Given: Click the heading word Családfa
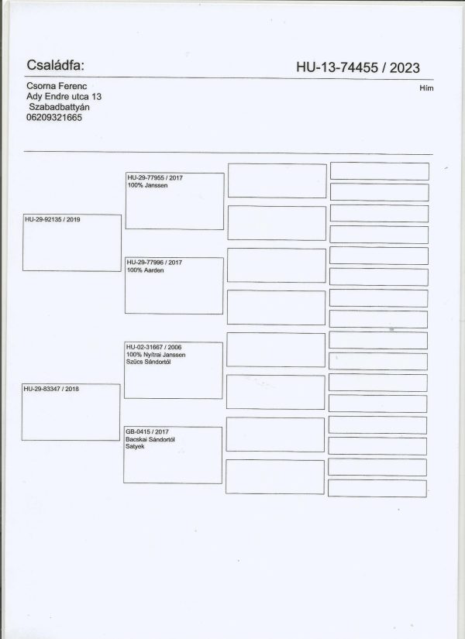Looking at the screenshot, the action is click(55, 65).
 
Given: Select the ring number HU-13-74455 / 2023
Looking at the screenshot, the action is click(358, 67).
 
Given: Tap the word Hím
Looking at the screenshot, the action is click(426, 88).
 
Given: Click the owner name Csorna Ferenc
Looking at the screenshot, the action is click(57, 86).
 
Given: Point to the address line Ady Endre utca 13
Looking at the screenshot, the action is click(64, 97).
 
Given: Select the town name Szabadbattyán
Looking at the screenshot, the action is click(59, 107).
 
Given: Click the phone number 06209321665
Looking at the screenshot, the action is click(54, 118).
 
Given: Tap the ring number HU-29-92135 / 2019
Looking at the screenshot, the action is click(53, 219).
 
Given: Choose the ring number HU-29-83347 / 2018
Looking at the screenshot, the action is click(51, 389).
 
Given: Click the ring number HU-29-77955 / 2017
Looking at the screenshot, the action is click(155, 177).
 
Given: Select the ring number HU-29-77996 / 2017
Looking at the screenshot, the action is click(154, 263).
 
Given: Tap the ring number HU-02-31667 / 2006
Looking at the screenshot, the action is click(153, 347).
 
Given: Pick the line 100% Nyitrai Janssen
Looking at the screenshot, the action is click(156, 355).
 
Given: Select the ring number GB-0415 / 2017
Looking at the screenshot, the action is click(147, 431).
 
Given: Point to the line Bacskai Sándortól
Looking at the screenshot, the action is click(150, 439).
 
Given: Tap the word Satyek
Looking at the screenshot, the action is click(135, 447).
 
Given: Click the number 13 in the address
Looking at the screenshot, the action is click(97, 97).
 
